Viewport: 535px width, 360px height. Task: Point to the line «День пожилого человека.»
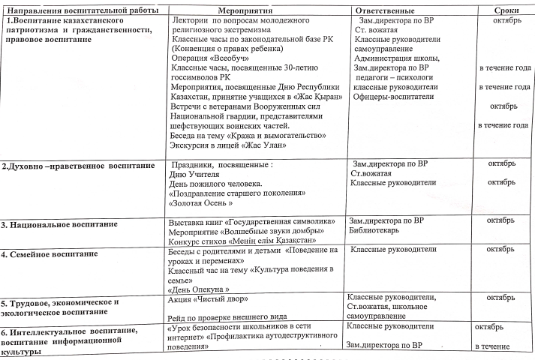(215, 184)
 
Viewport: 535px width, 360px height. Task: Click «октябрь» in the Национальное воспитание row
(500, 220)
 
